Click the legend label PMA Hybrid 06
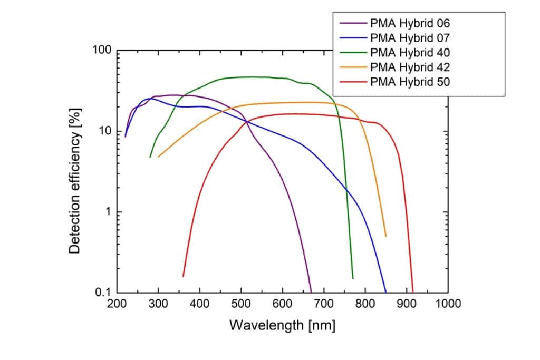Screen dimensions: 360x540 coord(410,23)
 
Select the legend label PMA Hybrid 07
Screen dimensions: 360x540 coord(410,37)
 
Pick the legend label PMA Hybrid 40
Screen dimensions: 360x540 coord(410,52)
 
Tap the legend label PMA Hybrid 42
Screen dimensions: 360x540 coord(410,67)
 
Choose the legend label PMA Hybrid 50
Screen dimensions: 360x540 coord(410,82)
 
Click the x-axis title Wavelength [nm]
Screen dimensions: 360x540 coord(282,325)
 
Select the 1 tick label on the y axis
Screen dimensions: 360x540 coord(108,212)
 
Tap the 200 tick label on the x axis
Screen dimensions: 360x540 coord(117,304)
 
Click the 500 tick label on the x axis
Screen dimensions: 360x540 coord(241,304)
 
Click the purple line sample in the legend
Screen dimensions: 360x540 coord(353,23)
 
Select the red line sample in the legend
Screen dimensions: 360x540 coord(353,82)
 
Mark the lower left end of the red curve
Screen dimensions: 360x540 coord(183,276)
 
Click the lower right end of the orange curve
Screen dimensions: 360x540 coord(386,237)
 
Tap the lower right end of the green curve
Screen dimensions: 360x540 coord(353,278)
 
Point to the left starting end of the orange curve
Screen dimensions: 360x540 coord(158,157)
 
